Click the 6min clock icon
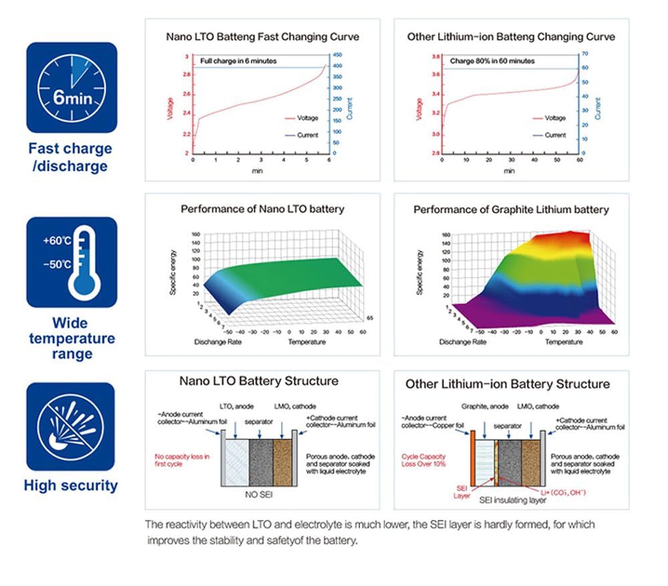point(71,88)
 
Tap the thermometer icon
point(71,261)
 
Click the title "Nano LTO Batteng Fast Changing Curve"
point(261,36)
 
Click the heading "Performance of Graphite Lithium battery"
point(511,210)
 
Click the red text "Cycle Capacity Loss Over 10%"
point(424,460)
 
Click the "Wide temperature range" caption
point(71,338)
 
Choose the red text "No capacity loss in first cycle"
point(182,460)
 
